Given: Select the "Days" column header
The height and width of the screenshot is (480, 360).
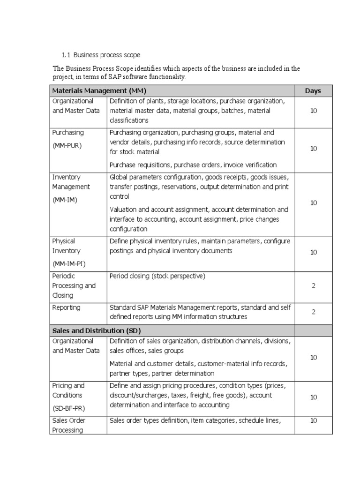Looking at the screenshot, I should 313,91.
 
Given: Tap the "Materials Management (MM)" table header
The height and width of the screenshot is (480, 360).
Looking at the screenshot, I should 102,91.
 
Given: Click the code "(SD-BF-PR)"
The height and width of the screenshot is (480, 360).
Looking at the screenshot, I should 69,408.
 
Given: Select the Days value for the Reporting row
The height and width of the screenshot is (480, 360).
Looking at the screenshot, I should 313,312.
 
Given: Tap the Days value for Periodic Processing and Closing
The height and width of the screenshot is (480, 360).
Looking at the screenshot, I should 313,286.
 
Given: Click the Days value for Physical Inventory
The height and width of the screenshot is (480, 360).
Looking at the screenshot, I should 313,252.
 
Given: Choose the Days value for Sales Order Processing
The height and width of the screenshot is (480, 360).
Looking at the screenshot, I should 313,420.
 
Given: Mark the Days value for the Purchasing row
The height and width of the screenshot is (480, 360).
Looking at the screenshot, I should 313,148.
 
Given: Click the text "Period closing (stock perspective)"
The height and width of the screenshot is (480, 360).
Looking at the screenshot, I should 157,276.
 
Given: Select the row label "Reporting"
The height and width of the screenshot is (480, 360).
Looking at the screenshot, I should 66,307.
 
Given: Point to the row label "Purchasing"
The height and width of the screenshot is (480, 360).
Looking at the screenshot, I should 68,133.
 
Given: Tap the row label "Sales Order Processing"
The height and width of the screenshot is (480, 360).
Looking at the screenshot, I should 69,425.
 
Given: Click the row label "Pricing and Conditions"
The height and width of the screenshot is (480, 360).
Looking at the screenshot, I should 68,390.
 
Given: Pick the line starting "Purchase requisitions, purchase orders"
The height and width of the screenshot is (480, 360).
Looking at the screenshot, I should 193,165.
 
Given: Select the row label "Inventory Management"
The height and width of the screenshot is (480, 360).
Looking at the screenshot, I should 71,182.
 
